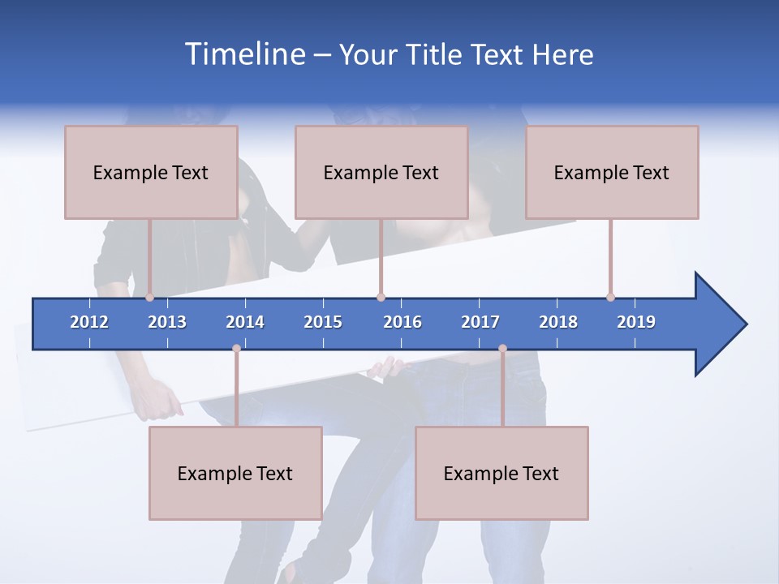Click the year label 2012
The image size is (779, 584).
coord(89,322)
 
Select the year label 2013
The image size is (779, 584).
coord(167,322)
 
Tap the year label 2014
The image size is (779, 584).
coord(245,322)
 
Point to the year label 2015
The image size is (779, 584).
coord(323,322)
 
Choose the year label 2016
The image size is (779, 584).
coord(402,322)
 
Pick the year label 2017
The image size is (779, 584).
coord(480,322)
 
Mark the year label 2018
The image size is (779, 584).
coord(558,322)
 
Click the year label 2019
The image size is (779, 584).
coord(636,322)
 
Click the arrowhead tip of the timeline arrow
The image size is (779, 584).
coord(744,324)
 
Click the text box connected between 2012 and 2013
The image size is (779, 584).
coord(151,172)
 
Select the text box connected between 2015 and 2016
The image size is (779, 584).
coord(381,172)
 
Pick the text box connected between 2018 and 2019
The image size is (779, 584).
coord(612,172)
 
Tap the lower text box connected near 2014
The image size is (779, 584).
coord(235,473)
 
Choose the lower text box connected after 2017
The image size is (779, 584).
coord(501,473)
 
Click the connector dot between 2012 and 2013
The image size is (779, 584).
coord(149,298)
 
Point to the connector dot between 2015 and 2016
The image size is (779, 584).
coord(381,298)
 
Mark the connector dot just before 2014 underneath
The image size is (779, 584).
coord(236,349)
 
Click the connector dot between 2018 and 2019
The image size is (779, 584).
coord(610,298)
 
